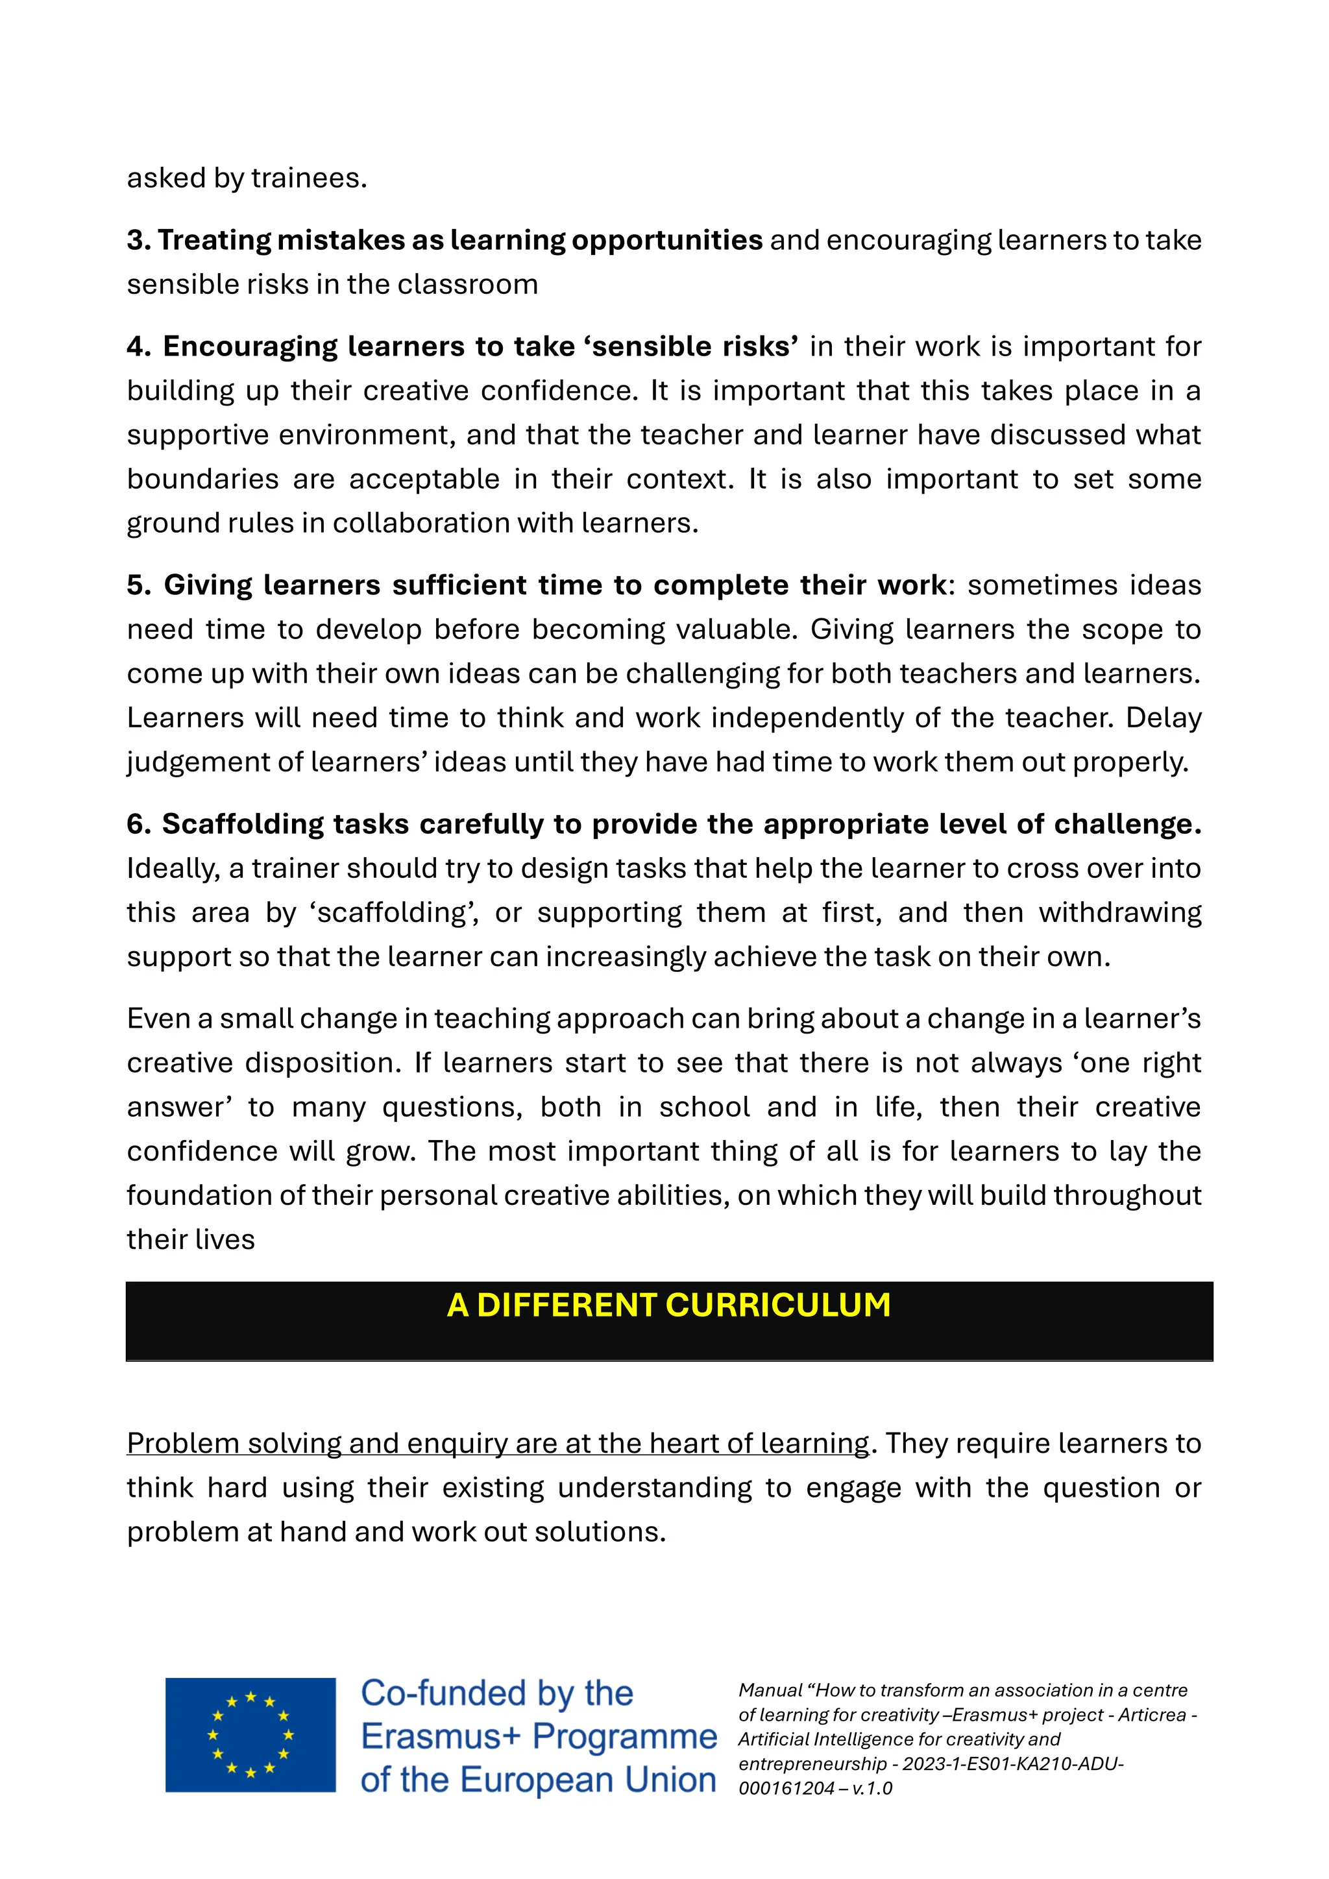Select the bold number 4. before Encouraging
click(139, 346)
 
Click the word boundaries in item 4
click(202, 479)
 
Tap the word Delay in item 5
click(1163, 718)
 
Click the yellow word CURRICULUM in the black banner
click(778, 1305)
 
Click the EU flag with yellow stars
click(250, 1735)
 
